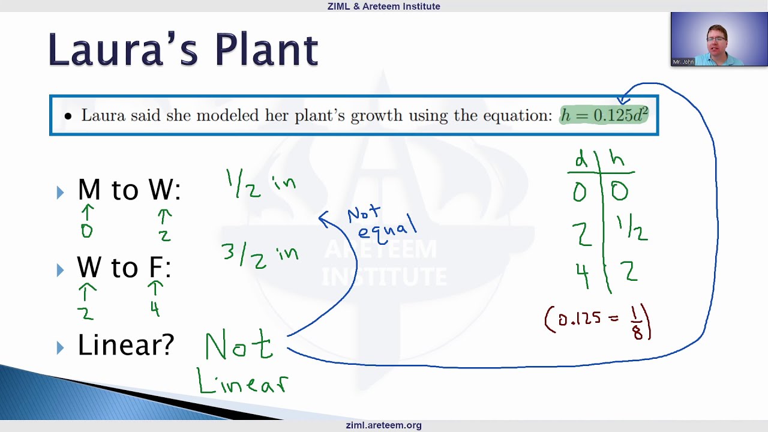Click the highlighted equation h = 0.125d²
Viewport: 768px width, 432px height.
point(604,115)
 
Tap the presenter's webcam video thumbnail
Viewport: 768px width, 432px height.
point(719,39)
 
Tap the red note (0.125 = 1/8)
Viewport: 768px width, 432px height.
point(598,323)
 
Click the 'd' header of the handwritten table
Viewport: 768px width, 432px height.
point(581,160)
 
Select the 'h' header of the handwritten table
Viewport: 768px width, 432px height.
point(617,159)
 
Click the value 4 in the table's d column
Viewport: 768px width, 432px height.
point(582,274)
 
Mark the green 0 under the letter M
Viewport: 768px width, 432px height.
point(87,231)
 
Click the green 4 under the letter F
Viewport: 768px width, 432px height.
point(155,308)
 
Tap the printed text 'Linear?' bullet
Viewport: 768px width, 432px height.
point(125,345)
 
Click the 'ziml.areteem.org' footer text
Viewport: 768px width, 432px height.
point(383,425)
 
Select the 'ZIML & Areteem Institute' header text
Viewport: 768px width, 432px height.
point(383,7)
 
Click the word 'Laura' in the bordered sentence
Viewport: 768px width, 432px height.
point(103,115)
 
